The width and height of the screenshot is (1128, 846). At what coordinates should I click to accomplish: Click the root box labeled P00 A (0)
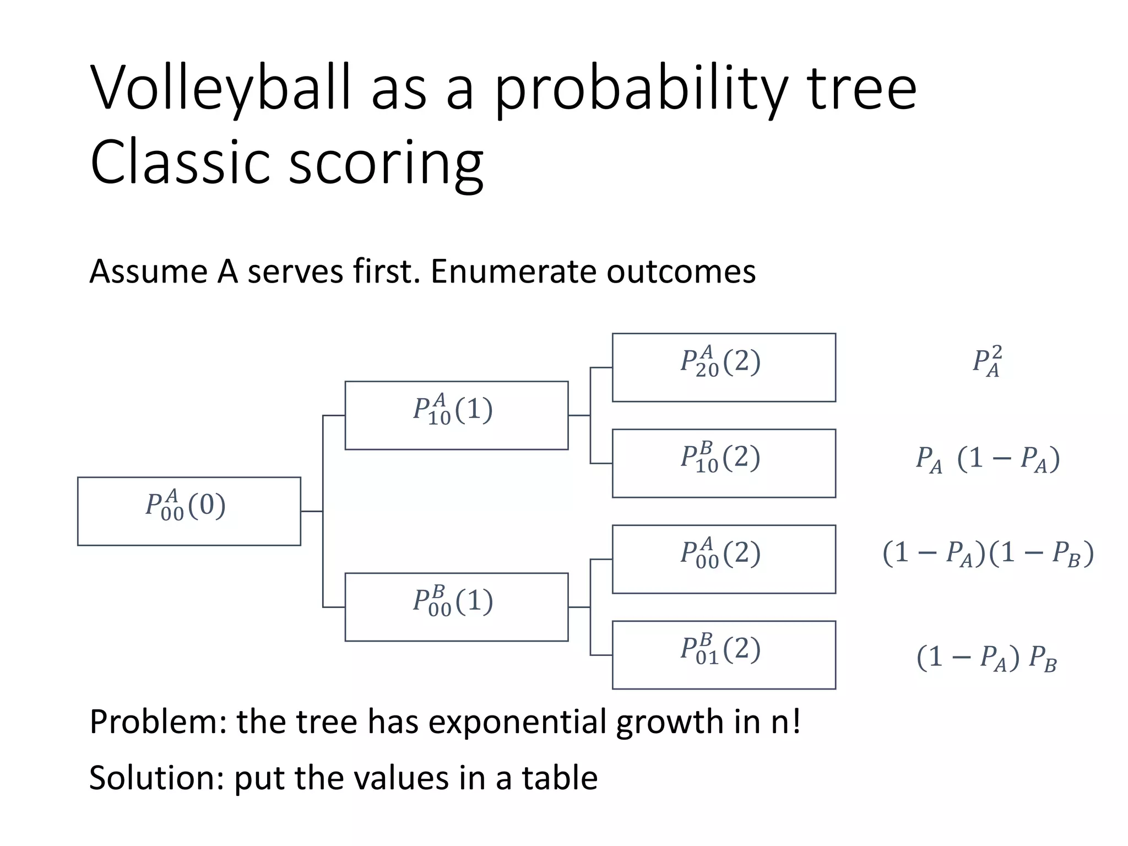(x=189, y=511)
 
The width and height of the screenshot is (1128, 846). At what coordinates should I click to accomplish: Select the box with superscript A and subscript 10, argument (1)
(x=456, y=415)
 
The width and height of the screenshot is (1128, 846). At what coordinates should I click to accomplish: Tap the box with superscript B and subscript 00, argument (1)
(x=456, y=607)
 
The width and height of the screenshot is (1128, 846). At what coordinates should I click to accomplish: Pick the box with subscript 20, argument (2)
(x=724, y=367)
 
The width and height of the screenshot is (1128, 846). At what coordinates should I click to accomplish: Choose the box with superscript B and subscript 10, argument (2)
(x=724, y=463)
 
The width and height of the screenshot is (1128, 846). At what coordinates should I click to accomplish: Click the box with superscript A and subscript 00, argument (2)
(x=724, y=559)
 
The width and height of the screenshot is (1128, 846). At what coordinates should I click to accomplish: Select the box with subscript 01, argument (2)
(x=724, y=655)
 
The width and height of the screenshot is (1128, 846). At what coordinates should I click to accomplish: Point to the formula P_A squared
(x=987, y=362)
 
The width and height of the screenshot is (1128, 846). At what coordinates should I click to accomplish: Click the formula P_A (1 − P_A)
(x=987, y=459)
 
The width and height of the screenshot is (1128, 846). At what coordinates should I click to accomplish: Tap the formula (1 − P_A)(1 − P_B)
(x=988, y=554)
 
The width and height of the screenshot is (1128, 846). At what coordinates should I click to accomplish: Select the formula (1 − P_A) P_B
(x=986, y=658)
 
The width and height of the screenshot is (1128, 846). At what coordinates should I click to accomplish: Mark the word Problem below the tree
(x=158, y=722)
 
